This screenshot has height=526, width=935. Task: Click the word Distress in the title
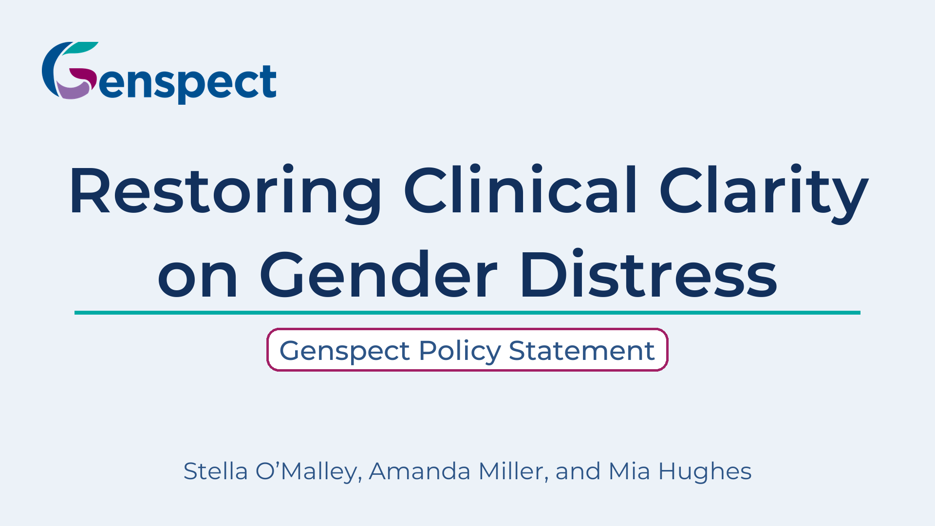pos(649,273)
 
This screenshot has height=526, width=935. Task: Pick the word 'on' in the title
pos(198,280)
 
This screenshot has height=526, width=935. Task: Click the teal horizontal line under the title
pos(467,313)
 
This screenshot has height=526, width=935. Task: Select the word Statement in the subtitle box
pos(582,351)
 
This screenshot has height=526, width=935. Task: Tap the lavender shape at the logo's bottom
pos(73,90)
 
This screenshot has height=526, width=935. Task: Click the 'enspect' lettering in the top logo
pos(188,83)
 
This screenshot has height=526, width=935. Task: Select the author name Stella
pos(215,471)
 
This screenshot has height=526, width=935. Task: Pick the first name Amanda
pos(420,471)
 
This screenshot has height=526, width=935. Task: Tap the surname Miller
pos(514,471)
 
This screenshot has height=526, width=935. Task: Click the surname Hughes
pos(705,471)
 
